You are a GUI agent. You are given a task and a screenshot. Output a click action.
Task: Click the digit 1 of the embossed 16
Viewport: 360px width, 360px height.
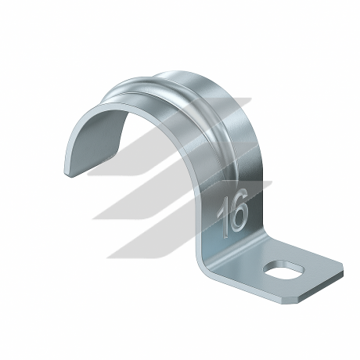pyautogui.click(x=222, y=218)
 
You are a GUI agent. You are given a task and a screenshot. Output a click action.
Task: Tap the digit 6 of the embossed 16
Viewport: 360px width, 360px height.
pyautogui.click(x=238, y=211)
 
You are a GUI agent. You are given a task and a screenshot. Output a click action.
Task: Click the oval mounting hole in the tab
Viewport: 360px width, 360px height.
pyautogui.click(x=284, y=270)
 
